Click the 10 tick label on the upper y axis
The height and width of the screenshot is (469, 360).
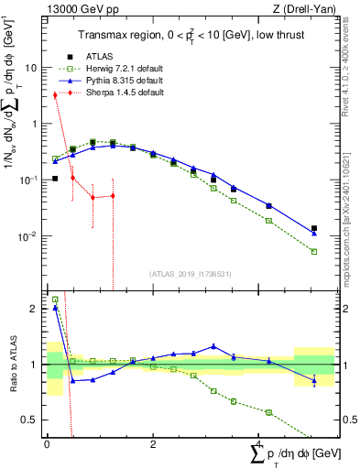click(x=30, y=67)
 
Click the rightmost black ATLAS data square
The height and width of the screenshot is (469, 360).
click(x=314, y=229)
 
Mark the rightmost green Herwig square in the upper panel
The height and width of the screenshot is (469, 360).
click(x=314, y=251)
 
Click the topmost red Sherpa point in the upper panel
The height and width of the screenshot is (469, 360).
click(x=55, y=94)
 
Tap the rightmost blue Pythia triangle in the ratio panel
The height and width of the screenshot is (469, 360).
click(x=314, y=380)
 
